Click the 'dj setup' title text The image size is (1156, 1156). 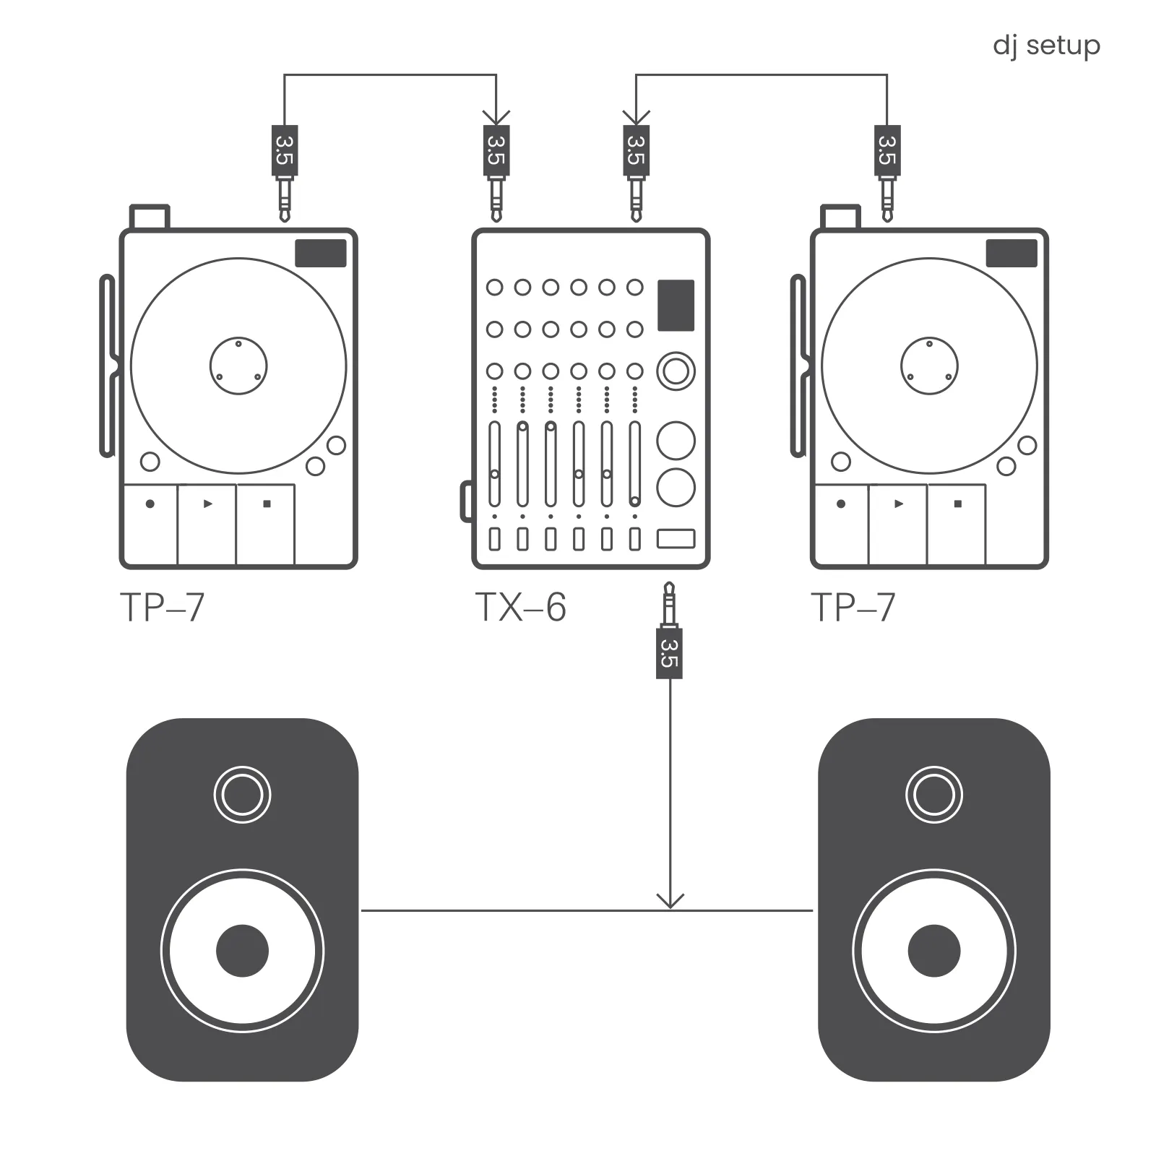click(x=1046, y=46)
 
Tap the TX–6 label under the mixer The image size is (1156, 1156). click(x=520, y=608)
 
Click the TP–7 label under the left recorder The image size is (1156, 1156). click(x=163, y=608)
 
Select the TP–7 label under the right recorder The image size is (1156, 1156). click(x=853, y=608)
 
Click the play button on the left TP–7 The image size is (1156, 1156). click(x=207, y=504)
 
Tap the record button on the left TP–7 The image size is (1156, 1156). click(x=150, y=504)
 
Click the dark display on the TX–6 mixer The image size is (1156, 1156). click(x=676, y=305)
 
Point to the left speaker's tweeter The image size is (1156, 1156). click(x=242, y=794)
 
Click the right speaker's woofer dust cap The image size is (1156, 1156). click(x=933, y=950)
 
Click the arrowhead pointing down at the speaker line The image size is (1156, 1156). click(x=670, y=901)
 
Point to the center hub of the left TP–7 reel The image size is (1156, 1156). click(x=238, y=366)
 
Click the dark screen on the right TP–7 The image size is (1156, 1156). click(x=1011, y=254)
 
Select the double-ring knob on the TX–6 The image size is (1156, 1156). click(x=676, y=371)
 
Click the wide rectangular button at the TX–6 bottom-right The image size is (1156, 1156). click(x=676, y=538)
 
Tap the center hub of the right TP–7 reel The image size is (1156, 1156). click(x=929, y=366)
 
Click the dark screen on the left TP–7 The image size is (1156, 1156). click(x=320, y=254)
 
